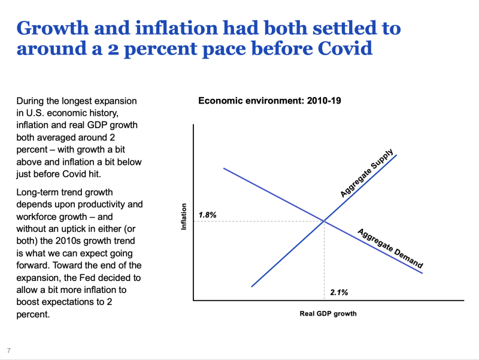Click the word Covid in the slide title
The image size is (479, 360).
(x=345, y=48)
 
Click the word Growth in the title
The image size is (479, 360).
(x=53, y=28)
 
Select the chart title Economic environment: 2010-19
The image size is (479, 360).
(x=270, y=101)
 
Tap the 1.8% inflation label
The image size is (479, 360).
(x=207, y=215)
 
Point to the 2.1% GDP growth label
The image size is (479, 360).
(x=339, y=292)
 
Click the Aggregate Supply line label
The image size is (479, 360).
(x=366, y=173)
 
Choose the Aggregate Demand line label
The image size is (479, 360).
(x=390, y=248)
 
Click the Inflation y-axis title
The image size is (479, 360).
(x=184, y=216)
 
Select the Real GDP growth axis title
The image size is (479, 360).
(x=328, y=313)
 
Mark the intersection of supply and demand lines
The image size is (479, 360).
(x=324, y=220)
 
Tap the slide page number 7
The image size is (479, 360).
(x=9, y=350)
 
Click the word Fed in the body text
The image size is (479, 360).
(x=87, y=277)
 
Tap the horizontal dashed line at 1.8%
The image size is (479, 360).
(x=259, y=221)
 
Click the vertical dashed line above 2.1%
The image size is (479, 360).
(x=324, y=261)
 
